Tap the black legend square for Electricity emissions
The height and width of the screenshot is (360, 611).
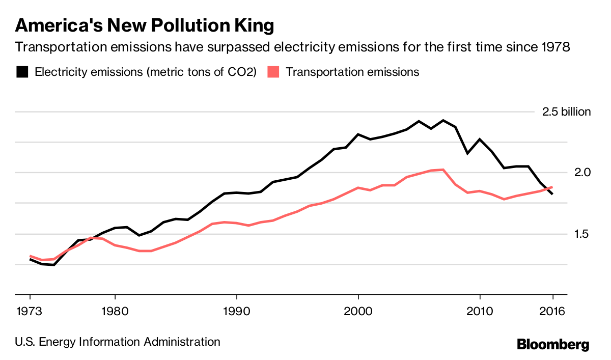pyautogui.click(x=22, y=72)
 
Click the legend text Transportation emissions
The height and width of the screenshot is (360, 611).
pyautogui.click(x=352, y=72)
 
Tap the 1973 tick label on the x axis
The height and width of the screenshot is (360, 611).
pyautogui.click(x=30, y=311)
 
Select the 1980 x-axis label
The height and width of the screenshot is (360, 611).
pyautogui.click(x=115, y=311)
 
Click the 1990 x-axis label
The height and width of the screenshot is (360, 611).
pyautogui.click(x=237, y=311)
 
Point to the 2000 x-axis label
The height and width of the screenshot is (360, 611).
pyautogui.click(x=358, y=311)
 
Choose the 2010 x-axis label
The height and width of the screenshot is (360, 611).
pyautogui.click(x=480, y=311)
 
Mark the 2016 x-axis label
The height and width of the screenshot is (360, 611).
pyautogui.click(x=552, y=311)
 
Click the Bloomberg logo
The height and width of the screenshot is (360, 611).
pyautogui.click(x=553, y=344)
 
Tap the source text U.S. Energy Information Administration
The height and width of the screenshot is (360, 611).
pyautogui.click(x=118, y=342)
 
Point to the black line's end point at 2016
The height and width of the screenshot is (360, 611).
pyautogui.click(x=552, y=194)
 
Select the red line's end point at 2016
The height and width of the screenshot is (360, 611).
pyautogui.click(x=552, y=187)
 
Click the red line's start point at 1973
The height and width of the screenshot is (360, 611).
pyautogui.click(x=30, y=256)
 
